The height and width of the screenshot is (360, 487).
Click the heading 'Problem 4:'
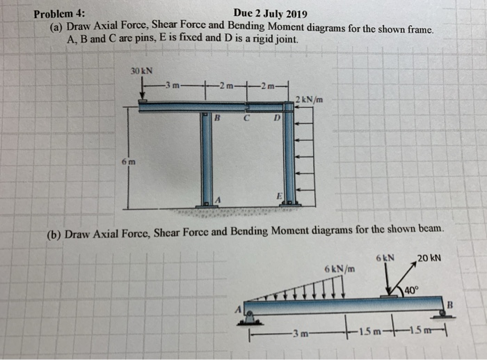[x=61, y=13]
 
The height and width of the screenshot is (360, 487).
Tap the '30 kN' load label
[x=142, y=71]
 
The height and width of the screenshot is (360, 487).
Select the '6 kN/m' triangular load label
[x=339, y=268]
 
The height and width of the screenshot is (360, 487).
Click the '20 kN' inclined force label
[x=429, y=258]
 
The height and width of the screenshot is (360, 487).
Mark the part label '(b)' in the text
[x=54, y=234]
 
